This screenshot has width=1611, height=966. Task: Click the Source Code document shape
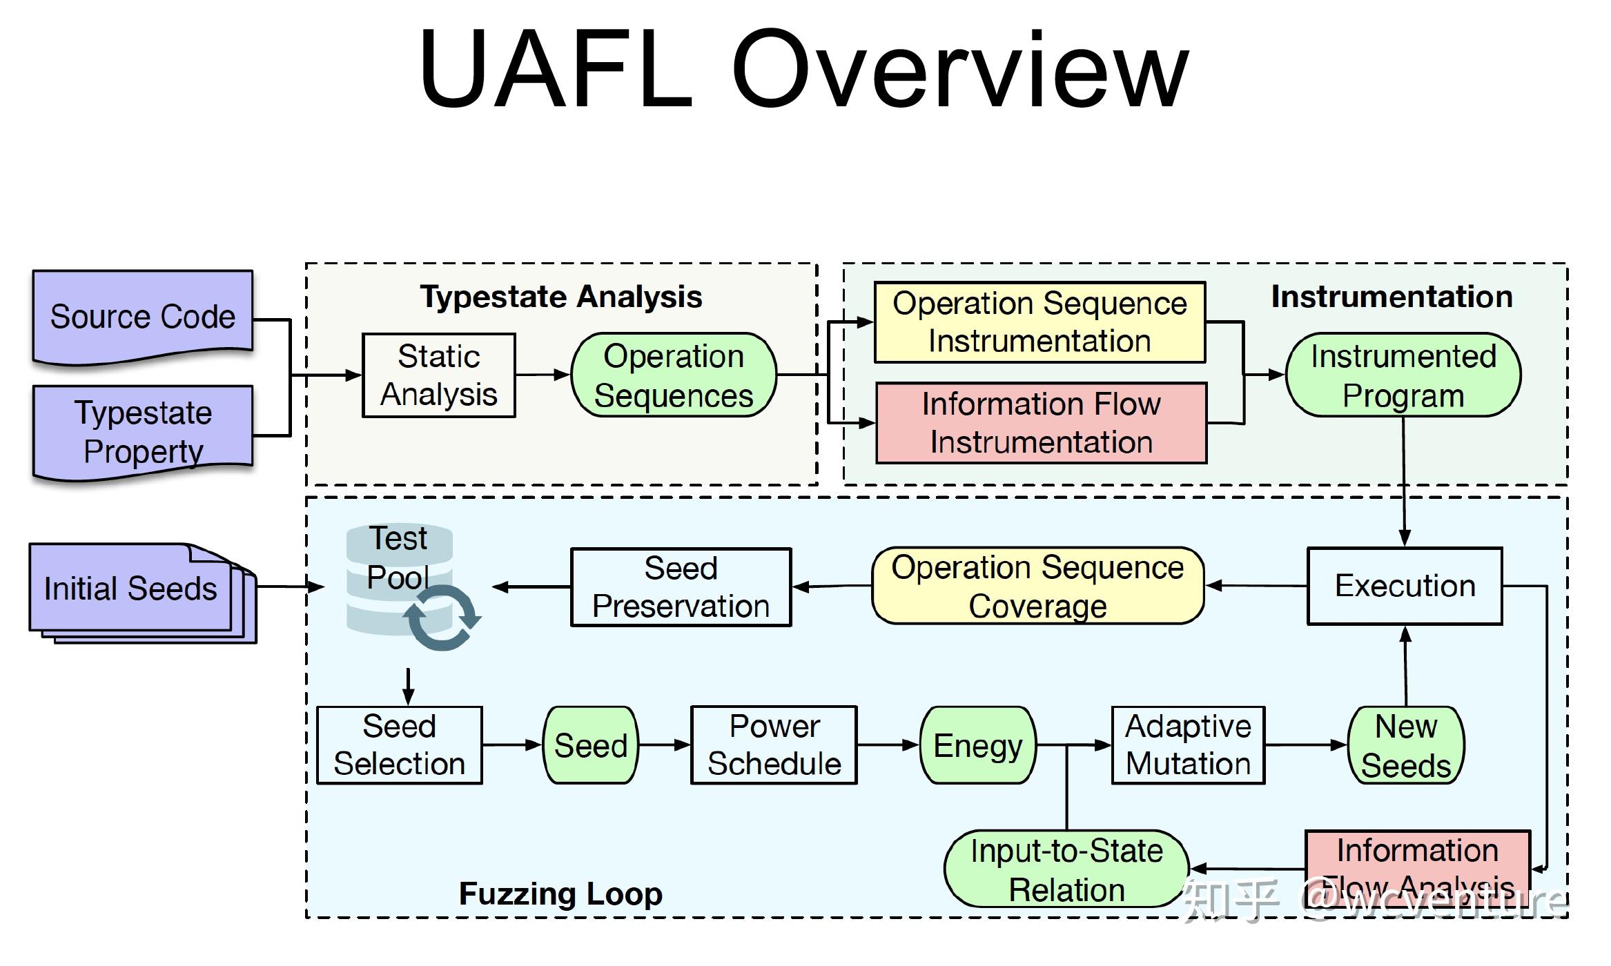(143, 317)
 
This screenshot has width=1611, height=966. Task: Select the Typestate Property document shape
(143, 431)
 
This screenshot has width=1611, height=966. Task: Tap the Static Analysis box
(439, 375)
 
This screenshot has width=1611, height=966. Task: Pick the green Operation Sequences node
(674, 375)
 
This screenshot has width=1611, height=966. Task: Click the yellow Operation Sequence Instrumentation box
(1039, 322)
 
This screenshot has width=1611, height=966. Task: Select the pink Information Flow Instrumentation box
(1041, 423)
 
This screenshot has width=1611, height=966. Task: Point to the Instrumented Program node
(1403, 375)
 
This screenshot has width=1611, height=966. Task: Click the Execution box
(1405, 586)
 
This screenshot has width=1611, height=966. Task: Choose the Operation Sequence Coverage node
(1037, 586)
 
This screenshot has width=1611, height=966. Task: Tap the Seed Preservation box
(681, 587)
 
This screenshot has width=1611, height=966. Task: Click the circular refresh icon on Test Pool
(442, 617)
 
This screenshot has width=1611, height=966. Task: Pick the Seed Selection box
(400, 745)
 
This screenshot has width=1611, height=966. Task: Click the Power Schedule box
(774, 745)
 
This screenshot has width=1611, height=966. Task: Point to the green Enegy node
(977, 745)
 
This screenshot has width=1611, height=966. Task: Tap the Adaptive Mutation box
(1188, 745)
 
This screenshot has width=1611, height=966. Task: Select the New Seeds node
(1406, 745)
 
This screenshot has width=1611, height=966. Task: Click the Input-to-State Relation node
(1066, 869)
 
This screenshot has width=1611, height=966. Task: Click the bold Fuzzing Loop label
(560, 894)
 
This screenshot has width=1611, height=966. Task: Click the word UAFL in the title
(556, 69)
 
